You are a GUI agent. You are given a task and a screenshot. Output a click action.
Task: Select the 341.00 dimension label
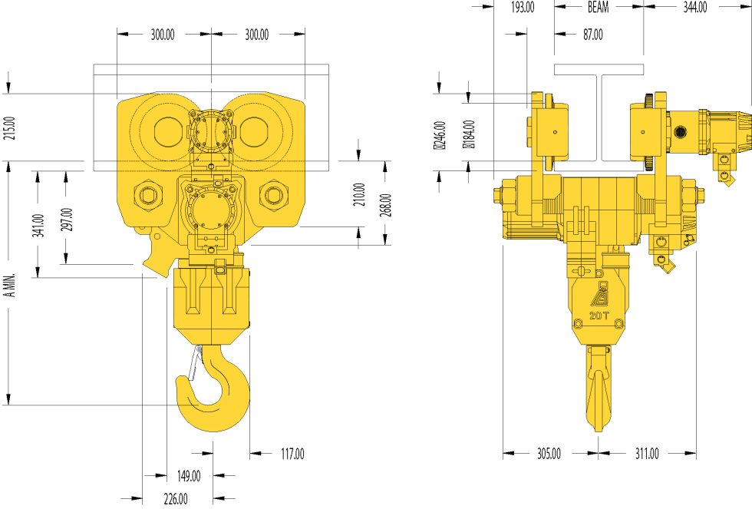click(x=38, y=226)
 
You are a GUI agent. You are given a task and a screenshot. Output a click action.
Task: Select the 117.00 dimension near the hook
click(x=292, y=454)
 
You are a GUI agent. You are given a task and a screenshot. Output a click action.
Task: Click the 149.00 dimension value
click(x=189, y=476)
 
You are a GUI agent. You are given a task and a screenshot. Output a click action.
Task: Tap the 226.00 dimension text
click(x=175, y=499)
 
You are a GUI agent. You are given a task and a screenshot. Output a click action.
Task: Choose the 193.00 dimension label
click(x=522, y=7)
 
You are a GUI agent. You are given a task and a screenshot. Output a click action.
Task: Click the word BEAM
click(x=599, y=7)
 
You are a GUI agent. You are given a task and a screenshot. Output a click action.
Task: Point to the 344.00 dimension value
click(x=694, y=7)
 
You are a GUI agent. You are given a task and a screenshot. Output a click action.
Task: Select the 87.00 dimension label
click(x=592, y=35)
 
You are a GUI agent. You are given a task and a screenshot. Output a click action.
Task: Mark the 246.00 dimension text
click(x=440, y=135)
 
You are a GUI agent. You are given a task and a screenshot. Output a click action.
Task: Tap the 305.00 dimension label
click(x=549, y=454)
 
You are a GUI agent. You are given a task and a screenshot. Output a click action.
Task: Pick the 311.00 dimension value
click(x=647, y=454)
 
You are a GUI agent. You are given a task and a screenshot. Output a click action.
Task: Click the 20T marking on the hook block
click(x=599, y=316)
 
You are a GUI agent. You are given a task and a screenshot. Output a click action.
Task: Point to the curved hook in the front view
click(x=215, y=399)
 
